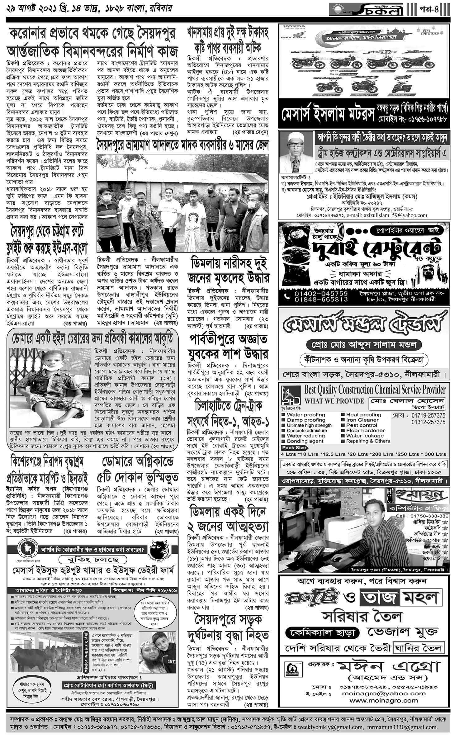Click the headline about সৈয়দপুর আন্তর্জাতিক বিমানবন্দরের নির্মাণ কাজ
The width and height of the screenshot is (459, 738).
pos(92,42)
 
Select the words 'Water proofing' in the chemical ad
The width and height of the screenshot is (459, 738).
pos(306,415)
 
